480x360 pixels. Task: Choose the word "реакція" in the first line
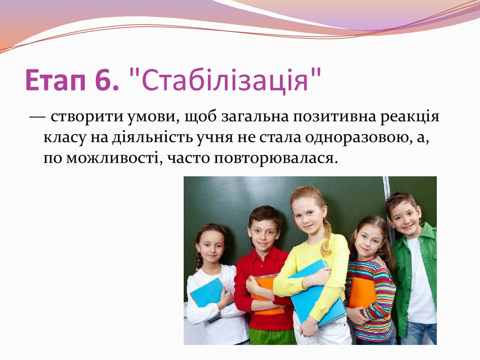tap(413, 118)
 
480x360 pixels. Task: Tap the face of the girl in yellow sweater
tap(307, 215)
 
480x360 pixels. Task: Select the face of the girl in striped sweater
tap(368, 240)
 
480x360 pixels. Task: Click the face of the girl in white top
tap(211, 246)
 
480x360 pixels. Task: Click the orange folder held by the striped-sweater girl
tap(362, 293)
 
